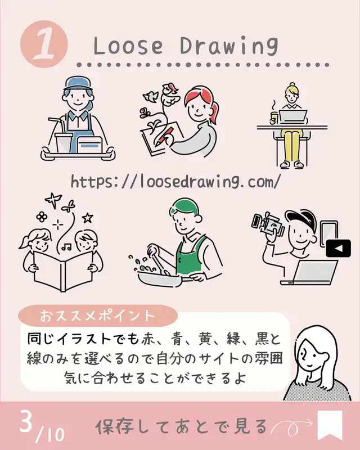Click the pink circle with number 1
pyautogui.click(x=44, y=44)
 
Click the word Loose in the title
pyautogui.click(x=128, y=46)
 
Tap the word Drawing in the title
pyautogui.click(x=229, y=46)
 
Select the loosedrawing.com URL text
pyautogui.click(x=175, y=182)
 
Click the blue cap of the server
pyautogui.click(x=78, y=83)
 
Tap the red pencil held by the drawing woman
pyautogui.click(x=164, y=137)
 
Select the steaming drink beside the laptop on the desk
pyautogui.click(x=273, y=116)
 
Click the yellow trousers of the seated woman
pyautogui.click(x=292, y=145)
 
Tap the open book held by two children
pyautogui.click(x=63, y=271)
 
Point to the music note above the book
pyautogui.click(x=67, y=246)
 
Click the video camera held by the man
pyautogui.click(x=267, y=223)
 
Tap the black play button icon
pyautogui.click(x=338, y=248)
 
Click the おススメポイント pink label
pyautogui.click(x=98, y=316)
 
